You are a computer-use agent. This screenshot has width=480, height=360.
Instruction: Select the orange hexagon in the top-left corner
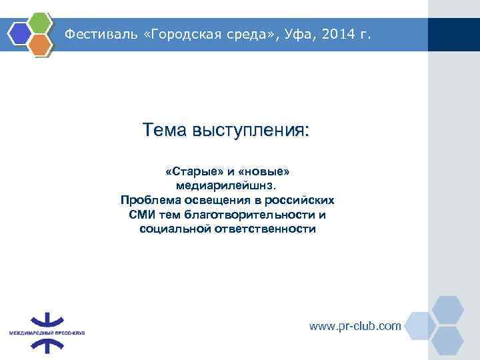pyautogui.click(x=41, y=44)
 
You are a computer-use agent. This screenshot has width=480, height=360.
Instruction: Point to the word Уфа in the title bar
pyautogui.click(x=287, y=34)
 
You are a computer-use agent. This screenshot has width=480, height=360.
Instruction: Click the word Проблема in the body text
pyautogui.click(x=150, y=200)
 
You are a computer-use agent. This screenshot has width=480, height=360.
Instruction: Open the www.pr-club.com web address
pyautogui.click(x=355, y=326)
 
